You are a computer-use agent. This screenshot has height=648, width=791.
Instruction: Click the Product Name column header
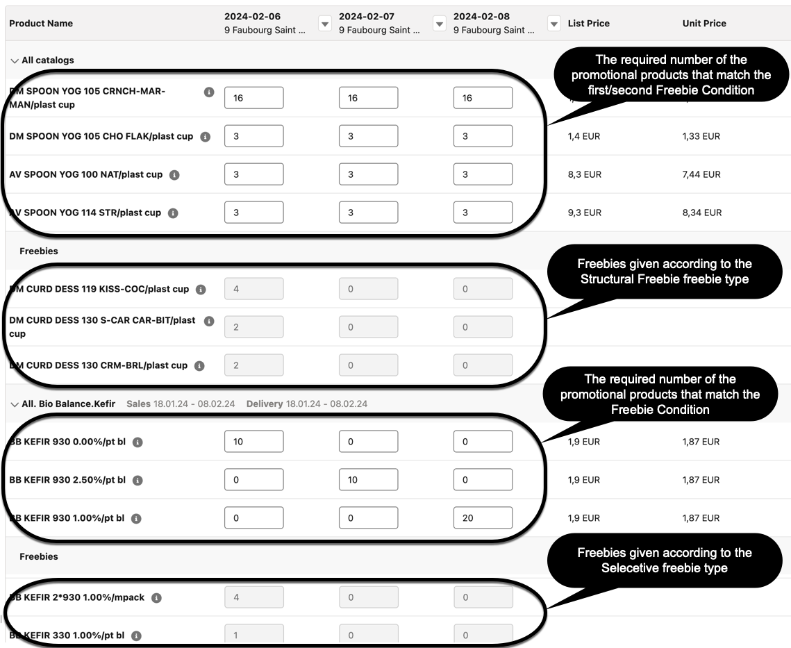(x=41, y=24)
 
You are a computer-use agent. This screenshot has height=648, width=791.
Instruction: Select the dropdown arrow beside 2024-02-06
(x=324, y=24)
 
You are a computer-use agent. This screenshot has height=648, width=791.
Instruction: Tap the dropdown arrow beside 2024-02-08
(x=553, y=24)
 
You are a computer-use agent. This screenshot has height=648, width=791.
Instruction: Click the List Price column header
(x=588, y=24)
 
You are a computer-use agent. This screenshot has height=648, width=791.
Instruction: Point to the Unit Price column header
(x=704, y=24)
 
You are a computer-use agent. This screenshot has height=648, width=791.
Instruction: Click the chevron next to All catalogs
(x=15, y=60)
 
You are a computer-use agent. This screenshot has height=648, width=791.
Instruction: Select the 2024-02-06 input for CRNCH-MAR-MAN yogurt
(x=253, y=98)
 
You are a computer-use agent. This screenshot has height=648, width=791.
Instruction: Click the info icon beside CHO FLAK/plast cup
(x=205, y=137)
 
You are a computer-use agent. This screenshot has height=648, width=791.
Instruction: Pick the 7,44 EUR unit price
(x=701, y=174)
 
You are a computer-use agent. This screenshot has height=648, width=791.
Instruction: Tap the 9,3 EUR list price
(x=584, y=213)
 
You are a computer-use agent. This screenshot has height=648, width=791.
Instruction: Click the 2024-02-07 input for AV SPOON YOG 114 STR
(x=368, y=213)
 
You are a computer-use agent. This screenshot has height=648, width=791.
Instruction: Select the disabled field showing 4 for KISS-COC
(x=253, y=289)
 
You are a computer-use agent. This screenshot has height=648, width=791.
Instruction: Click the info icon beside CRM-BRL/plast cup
(x=199, y=366)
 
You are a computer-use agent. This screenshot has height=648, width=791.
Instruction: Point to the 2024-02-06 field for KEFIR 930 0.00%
(x=253, y=442)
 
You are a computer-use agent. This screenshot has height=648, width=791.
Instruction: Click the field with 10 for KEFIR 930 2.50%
(x=368, y=480)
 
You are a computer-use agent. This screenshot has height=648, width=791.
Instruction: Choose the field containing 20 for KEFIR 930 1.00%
(x=483, y=518)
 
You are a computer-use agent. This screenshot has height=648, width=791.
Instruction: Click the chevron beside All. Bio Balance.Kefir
(x=15, y=404)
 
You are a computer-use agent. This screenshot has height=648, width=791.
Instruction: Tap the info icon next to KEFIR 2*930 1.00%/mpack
(x=156, y=598)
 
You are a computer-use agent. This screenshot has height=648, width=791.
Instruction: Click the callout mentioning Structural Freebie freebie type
(x=664, y=272)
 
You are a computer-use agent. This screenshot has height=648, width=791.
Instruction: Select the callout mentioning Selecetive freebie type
(x=664, y=560)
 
